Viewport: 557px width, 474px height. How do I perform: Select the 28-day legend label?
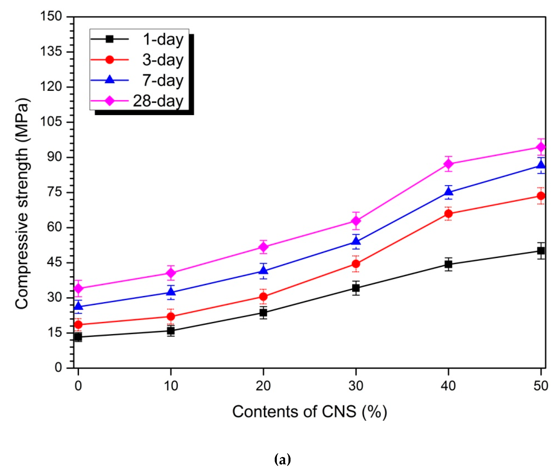tap(158, 101)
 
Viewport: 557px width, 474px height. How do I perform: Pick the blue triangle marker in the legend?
tap(110, 80)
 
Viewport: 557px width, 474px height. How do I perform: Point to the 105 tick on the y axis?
tap(51, 122)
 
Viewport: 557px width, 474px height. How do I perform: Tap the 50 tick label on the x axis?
tap(540, 386)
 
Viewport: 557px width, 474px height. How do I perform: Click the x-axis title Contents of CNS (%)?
tap(309, 412)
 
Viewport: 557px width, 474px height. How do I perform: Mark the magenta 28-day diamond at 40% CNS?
tap(448, 164)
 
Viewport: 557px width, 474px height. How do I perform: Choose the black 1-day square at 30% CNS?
tap(356, 288)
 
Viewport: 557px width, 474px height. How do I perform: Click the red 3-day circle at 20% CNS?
tap(263, 296)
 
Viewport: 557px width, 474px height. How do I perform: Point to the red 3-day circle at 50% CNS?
tap(541, 196)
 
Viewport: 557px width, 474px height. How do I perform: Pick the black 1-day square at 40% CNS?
tap(448, 264)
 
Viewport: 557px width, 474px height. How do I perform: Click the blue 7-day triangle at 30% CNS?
tap(356, 241)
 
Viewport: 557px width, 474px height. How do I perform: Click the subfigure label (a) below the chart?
tap(282, 459)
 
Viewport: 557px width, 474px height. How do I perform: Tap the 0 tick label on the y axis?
tap(58, 367)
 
